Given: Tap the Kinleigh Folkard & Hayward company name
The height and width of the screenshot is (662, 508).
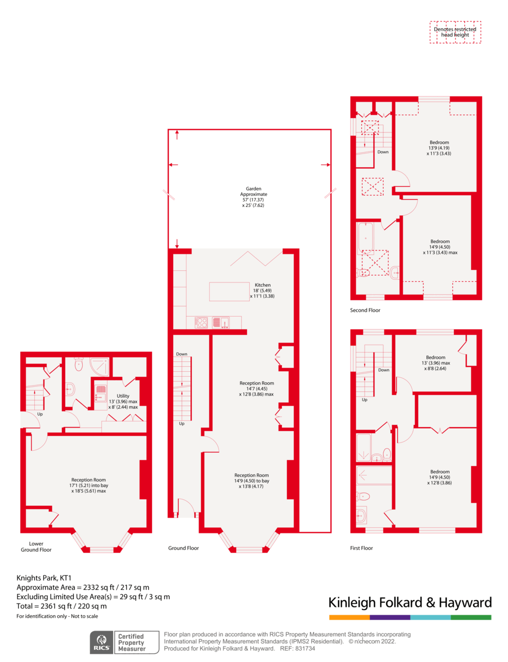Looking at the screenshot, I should click(409, 602).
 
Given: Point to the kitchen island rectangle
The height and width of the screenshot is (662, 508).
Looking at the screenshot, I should click(229, 291).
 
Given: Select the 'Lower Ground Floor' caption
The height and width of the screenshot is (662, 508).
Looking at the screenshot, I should click(36, 547).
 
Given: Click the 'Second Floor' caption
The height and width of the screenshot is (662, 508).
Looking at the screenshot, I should click(365, 311).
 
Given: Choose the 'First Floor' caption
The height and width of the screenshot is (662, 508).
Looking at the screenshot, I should click(362, 548).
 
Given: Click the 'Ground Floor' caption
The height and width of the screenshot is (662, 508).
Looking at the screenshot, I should click(184, 548).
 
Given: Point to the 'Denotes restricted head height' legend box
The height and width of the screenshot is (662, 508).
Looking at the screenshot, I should click(455, 32).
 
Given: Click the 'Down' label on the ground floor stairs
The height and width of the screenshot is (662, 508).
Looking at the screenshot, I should click(181, 354).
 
